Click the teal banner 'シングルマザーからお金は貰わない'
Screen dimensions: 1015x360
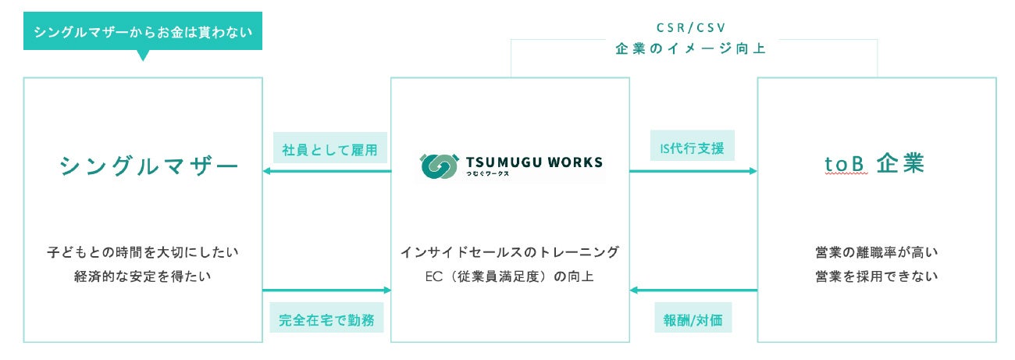tap(143, 32)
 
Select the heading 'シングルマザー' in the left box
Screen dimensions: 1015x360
tap(149, 166)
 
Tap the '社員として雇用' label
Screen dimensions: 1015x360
tap(329, 148)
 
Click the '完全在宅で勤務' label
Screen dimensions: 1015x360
tap(326, 319)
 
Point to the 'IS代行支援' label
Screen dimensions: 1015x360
tap(693, 146)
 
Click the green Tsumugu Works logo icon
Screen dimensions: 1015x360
tap(440, 166)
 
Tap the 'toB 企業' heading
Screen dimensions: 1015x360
tap(874, 164)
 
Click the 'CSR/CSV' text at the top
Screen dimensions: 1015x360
tap(689, 27)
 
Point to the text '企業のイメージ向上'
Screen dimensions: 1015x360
tap(689, 48)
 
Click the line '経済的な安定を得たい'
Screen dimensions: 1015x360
tap(143, 276)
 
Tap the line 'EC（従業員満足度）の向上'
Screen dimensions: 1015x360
tap(510, 276)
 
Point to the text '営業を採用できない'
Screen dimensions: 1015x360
tap(876, 276)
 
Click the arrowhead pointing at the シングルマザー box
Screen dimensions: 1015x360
tap(267, 170)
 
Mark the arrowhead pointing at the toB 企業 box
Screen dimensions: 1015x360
tap(753, 170)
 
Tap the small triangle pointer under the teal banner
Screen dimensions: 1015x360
tap(142, 55)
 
